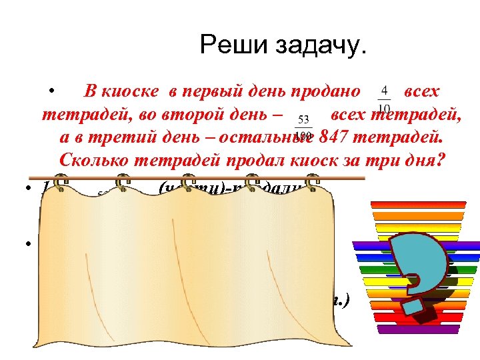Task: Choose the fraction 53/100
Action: coord(303,127)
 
